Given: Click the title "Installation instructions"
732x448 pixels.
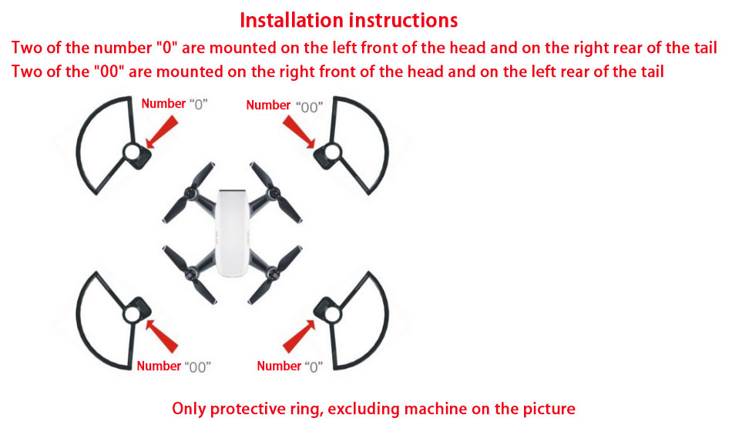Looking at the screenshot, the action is click(349, 21).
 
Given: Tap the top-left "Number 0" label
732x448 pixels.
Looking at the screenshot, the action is click(175, 104).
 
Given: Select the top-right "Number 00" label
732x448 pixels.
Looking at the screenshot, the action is click(284, 106).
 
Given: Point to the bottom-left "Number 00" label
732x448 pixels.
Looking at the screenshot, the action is click(173, 366).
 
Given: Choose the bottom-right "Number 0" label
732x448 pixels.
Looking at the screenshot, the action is click(290, 366).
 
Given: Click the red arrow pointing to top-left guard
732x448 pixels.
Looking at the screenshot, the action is click(162, 132).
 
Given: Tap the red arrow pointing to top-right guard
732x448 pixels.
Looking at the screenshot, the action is click(299, 132).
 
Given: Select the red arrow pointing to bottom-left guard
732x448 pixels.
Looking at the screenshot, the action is click(162, 336).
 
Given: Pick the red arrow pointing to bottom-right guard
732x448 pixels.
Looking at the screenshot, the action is click(299, 336).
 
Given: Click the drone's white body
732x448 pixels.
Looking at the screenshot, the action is click(232, 232).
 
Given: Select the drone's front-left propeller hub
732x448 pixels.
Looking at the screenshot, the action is click(190, 192).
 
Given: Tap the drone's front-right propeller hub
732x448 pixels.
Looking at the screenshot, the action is click(274, 192).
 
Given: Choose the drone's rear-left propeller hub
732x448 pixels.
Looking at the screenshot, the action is click(190, 274).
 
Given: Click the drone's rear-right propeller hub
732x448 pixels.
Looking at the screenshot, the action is click(274, 274).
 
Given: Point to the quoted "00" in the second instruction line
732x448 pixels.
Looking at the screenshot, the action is click(109, 72).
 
